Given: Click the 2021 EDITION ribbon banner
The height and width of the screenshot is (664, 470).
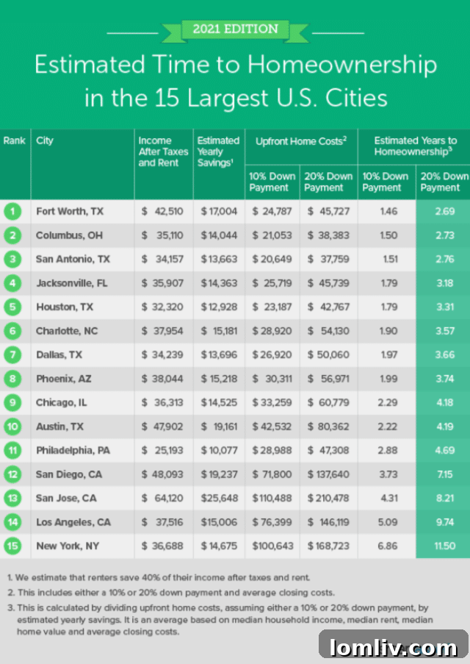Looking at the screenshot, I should coord(235,30).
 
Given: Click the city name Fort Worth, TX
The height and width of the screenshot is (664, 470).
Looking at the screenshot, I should coord(70,212).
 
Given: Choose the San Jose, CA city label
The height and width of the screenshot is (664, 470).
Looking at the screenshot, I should coord(66,499).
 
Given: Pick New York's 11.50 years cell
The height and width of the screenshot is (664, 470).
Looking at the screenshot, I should coord(443,546).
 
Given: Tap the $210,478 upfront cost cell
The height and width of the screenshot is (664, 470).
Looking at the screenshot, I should coord(328,499).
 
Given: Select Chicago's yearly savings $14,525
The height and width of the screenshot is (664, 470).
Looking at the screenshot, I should coord(218,403).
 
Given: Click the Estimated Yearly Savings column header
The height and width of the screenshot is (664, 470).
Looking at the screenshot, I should coord(218,151).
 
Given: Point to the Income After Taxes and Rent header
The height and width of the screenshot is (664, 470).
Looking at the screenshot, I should coord(163,151).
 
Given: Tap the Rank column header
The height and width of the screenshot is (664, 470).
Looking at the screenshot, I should coord(14,140).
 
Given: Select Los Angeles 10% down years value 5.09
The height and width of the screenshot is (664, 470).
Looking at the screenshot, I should coord(386,523).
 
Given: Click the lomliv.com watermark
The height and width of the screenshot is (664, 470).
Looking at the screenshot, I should coord(394,647).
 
